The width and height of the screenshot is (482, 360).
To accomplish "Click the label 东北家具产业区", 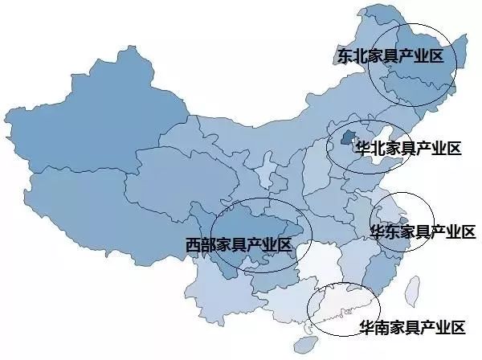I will [x=390, y=55].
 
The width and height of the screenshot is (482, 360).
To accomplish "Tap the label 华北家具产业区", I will [x=408, y=149].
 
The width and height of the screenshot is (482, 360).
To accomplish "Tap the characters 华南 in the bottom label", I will [x=368, y=328].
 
